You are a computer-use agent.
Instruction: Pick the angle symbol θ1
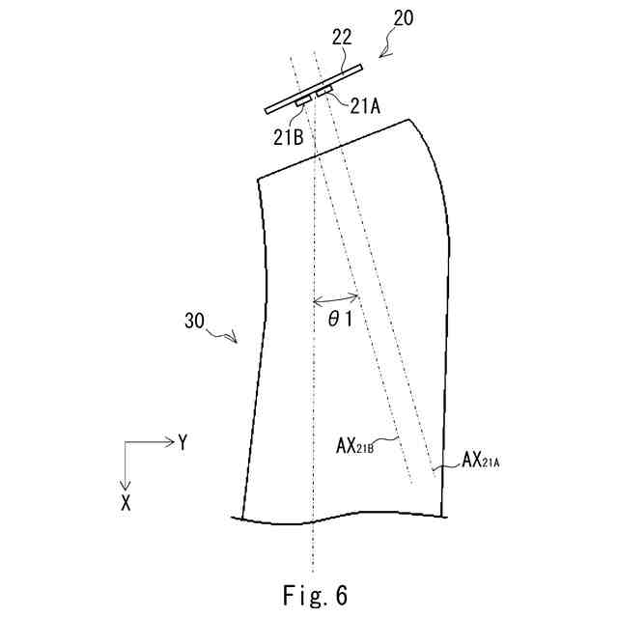point(339,321)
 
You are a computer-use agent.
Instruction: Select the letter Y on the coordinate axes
point(182,441)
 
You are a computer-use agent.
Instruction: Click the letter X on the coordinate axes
point(126,502)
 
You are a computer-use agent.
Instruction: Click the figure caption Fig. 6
point(308,592)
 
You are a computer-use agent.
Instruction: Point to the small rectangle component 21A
point(323,92)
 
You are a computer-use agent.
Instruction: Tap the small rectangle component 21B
point(303,100)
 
